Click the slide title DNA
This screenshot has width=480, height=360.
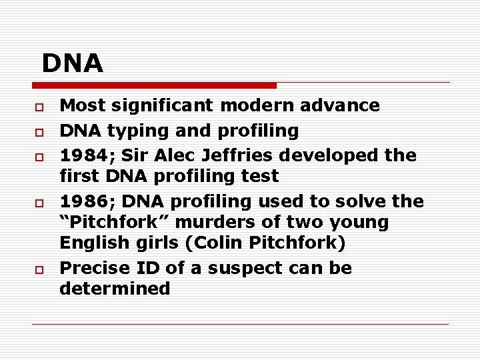pyautogui.click(x=73, y=63)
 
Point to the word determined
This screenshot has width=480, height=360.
pyautogui.click(x=115, y=289)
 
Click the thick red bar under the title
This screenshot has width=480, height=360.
pyautogui.click(x=155, y=85)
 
